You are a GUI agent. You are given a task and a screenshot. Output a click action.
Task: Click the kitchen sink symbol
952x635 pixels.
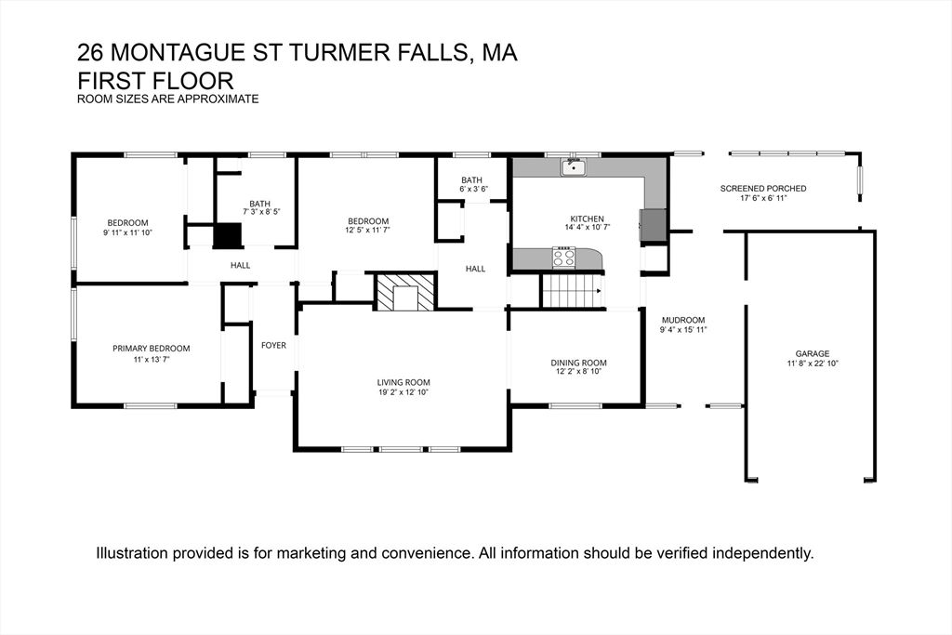tap(573, 167)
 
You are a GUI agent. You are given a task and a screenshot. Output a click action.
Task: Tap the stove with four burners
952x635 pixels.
tap(563, 257)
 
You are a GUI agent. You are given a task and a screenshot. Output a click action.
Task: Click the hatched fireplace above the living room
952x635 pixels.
tap(405, 292)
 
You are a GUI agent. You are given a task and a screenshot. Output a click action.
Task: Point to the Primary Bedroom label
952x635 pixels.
tap(151, 349)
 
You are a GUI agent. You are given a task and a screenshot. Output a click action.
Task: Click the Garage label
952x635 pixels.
tap(812, 353)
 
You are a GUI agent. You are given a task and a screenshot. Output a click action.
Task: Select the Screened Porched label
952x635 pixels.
tap(763, 189)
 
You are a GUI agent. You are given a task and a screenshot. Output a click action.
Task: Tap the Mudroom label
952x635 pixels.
tap(682, 320)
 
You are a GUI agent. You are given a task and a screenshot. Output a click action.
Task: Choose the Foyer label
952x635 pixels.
tap(273, 345)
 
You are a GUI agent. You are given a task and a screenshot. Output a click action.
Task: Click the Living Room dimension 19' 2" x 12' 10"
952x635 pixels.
tap(403, 392)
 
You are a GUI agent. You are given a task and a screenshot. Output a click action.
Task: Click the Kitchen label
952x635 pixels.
tap(587, 218)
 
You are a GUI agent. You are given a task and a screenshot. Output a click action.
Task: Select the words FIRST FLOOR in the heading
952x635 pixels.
tap(154, 81)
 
